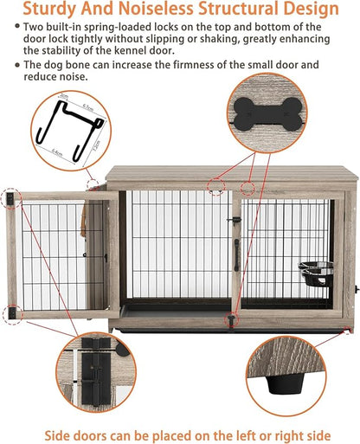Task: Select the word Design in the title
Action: (309, 10)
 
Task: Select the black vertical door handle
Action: (235, 265)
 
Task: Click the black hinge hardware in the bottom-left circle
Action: (89, 381)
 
